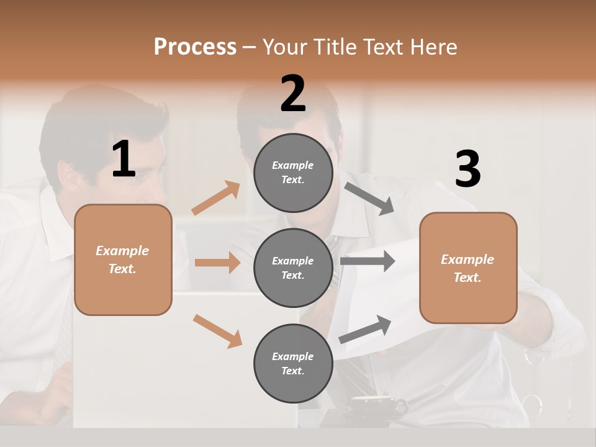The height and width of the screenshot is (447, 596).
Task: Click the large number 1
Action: click(x=124, y=160)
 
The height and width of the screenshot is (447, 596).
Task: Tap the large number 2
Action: click(x=293, y=94)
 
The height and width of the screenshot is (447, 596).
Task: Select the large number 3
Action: click(x=467, y=169)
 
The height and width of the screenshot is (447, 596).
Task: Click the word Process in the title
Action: click(x=195, y=47)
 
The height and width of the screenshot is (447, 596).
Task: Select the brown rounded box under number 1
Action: click(x=123, y=260)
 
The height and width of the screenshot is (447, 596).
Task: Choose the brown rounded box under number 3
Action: click(x=468, y=268)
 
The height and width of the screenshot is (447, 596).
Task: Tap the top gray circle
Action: click(x=293, y=173)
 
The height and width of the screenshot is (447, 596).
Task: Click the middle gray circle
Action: click(x=293, y=268)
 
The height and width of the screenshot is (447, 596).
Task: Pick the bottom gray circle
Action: click(x=293, y=364)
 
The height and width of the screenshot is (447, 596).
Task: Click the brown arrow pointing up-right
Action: click(x=216, y=198)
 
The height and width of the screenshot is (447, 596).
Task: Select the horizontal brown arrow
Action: click(x=217, y=263)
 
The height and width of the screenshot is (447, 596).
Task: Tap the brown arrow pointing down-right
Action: click(x=218, y=331)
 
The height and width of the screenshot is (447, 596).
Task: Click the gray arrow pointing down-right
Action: click(x=369, y=199)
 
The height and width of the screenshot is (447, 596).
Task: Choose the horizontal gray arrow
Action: click(x=367, y=261)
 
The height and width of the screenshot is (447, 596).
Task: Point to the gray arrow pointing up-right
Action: click(x=365, y=330)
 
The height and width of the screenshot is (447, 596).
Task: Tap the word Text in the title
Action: click(x=384, y=47)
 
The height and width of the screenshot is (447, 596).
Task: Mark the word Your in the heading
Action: click(x=285, y=47)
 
